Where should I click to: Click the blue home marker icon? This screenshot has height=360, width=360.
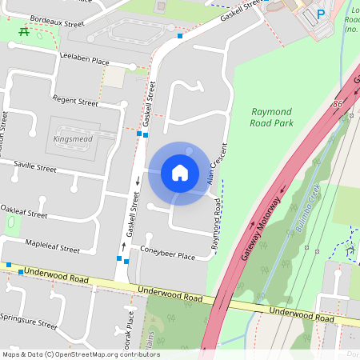pyautogui.click(x=180, y=172)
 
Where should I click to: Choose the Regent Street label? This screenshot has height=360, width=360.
pyautogui.click(x=74, y=102)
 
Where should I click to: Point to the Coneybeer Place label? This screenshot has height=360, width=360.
pyautogui.click(x=168, y=257)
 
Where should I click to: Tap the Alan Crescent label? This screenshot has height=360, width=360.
pyautogui.click(x=214, y=165)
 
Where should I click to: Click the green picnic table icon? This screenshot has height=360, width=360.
pyautogui.click(x=24, y=33)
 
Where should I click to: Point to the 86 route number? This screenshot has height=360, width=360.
pyautogui.click(x=339, y=105)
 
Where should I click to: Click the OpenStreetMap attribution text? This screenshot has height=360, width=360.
pyautogui.click(x=80, y=354)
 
